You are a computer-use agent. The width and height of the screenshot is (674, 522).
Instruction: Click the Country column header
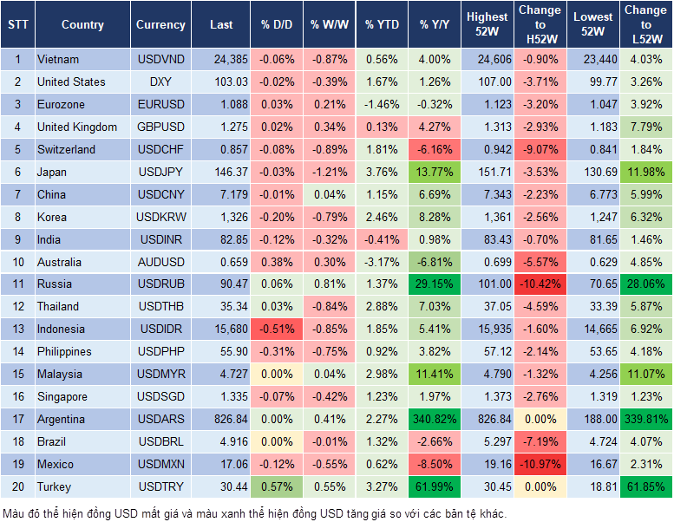coord(82,25)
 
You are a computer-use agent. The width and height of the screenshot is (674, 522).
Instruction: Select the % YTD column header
coord(381,25)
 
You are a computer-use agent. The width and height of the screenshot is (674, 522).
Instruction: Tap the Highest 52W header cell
coord(487,25)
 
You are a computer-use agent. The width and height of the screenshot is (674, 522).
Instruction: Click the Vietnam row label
coord(58,60)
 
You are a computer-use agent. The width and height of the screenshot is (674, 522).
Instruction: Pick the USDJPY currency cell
coord(160,173)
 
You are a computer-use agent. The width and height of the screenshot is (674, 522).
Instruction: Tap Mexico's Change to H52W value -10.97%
coord(540,465)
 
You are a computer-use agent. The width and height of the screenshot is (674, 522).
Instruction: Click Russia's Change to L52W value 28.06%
coord(646,284)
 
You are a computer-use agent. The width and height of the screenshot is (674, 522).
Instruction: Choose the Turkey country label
coord(56,487)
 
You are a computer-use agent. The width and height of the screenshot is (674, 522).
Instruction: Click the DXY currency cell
coord(160,82)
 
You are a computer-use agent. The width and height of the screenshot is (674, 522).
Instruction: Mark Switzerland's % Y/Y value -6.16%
coord(436,150)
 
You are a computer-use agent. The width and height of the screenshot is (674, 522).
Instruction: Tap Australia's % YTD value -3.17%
coord(382,262)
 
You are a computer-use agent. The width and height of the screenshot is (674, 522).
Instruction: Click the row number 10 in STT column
coord(17,262)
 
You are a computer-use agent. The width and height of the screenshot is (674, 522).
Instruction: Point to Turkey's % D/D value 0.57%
coord(278,487)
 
